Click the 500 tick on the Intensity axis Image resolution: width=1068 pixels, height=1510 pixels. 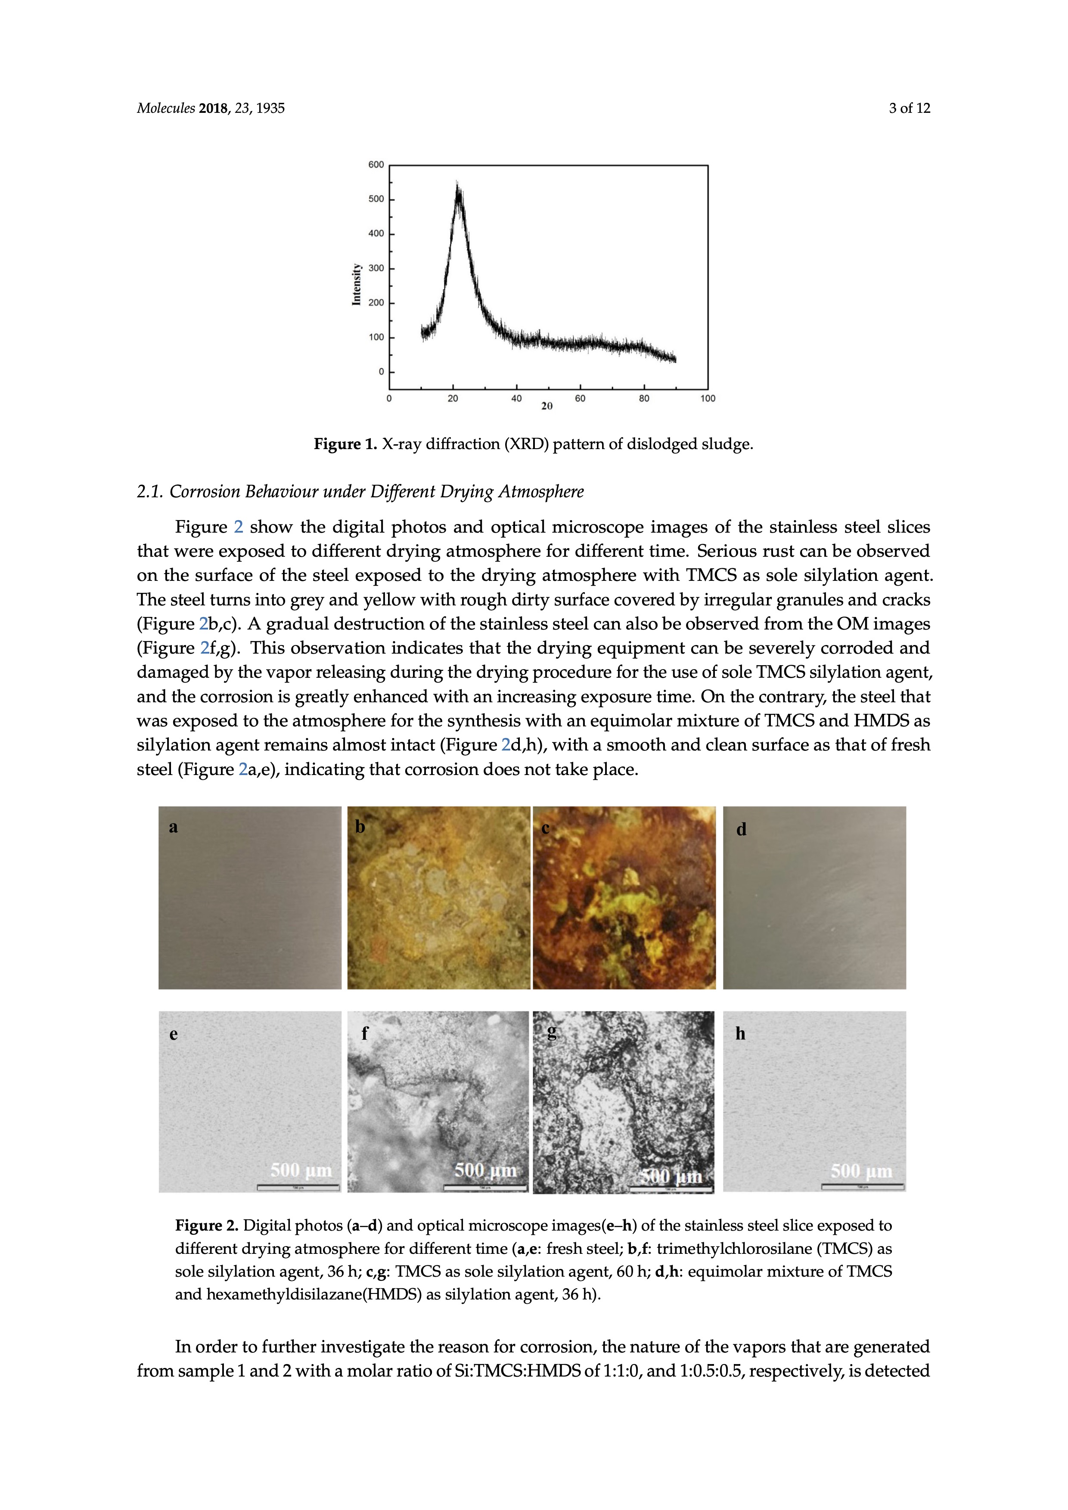(376, 199)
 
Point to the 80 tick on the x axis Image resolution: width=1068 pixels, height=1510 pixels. (644, 399)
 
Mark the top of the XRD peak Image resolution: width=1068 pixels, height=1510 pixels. (458, 184)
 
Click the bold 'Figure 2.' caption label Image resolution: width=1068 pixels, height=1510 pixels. (207, 1226)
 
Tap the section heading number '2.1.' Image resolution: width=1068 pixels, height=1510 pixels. (150, 492)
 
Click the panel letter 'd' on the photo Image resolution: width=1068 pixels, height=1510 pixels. (741, 830)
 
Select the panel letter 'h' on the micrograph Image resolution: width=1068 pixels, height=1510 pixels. (741, 1034)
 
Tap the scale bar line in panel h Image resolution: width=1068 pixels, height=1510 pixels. (862, 1187)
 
